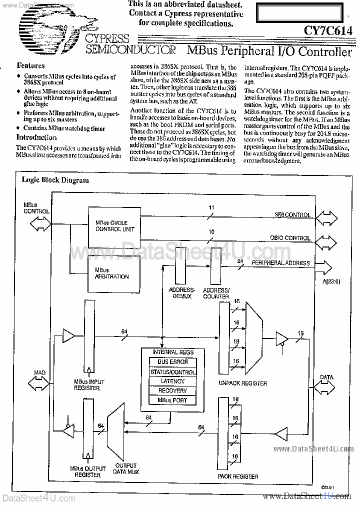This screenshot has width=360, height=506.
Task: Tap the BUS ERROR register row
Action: tap(172, 362)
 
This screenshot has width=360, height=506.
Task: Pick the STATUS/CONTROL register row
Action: tap(172, 372)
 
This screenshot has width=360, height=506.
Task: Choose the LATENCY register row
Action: tap(172, 381)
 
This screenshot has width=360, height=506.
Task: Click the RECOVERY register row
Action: tap(172, 390)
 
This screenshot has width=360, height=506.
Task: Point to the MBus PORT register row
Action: tap(172, 400)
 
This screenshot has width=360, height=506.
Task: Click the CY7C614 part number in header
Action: tap(328, 31)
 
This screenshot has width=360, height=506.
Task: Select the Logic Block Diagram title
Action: tap(55, 180)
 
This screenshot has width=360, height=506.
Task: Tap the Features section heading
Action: tap(30, 65)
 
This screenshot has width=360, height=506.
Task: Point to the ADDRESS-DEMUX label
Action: tap(181, 293)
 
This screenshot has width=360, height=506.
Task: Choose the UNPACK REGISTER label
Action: tap(242, 383)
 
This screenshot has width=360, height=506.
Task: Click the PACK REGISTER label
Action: tap(237, 476)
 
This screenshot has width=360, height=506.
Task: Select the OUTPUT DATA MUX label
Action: tap(126, 468)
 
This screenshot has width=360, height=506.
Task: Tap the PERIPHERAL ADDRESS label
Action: tap(280, 263)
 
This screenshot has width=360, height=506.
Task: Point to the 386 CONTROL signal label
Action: tap(292, 215)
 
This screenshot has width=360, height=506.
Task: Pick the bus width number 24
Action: tap(240, 261)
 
